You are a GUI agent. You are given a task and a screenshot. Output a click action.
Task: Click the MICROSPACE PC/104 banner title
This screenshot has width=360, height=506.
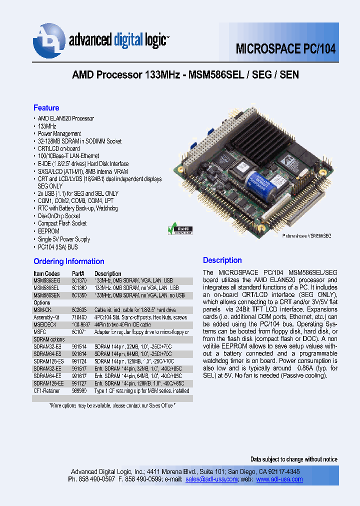285,49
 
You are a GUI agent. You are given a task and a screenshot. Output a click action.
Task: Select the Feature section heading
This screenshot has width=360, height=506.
46,108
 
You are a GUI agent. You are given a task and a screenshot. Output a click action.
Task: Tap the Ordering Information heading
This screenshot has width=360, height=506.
68,261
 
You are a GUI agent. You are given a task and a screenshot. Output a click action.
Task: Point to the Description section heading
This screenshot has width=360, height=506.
222,260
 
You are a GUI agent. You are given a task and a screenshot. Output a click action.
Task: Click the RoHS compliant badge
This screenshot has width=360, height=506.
178,229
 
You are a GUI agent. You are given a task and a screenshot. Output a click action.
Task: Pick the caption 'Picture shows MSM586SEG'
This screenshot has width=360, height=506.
305,235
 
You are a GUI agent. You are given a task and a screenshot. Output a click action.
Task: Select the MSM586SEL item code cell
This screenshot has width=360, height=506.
46,288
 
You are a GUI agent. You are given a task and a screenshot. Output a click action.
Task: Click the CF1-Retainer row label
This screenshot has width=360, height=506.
48,391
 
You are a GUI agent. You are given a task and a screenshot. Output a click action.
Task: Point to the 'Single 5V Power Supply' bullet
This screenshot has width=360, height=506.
64,239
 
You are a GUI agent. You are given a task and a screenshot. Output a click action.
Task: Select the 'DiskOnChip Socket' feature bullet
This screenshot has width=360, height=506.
59,216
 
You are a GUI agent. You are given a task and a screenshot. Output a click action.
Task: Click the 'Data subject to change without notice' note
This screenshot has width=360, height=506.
293,459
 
